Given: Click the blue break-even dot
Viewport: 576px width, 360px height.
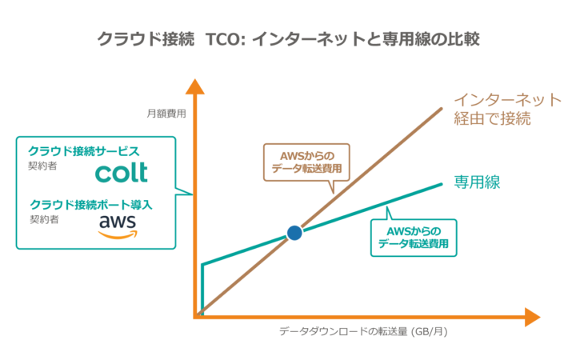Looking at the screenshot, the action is (x=294, y=233).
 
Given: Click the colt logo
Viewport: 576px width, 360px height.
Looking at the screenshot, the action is (x=122, y=172).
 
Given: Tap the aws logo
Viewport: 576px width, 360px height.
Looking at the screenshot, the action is (x=118, y=226).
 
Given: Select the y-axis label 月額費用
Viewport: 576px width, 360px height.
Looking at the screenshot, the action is (x=166, y=114).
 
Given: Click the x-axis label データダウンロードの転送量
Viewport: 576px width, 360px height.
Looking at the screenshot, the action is (x=343, y=331).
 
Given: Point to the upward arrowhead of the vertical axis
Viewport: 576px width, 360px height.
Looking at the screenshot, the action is (x=194, y=86).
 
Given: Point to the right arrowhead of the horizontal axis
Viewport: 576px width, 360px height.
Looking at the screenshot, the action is (x=532, y=317).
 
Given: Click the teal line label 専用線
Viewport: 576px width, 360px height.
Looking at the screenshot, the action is (x=477, y=182).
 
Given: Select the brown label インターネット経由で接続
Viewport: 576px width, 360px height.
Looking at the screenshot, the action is (x=508, y=109).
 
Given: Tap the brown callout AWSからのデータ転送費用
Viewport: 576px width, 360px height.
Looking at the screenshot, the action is (x=306, y=162).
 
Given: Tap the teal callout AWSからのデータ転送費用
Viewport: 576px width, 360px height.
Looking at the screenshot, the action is (x=414, y=238).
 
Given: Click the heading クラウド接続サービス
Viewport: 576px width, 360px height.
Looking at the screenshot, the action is (x=84, y=151).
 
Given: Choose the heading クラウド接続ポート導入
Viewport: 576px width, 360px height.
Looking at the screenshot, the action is (x=90, y=204).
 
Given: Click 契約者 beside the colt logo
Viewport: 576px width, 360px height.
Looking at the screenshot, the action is (x=42, y=166).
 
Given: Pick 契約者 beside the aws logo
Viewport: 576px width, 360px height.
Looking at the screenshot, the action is (x=44, y=220).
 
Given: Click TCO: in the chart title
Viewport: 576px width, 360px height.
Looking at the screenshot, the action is (x=225, y=39).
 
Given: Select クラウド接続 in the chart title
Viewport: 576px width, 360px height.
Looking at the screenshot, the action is (x=145, y=39).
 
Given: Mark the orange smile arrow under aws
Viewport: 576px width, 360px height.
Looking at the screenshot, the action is (x=118, y=235).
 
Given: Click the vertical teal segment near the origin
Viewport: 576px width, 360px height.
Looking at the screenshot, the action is (x=202, y=290).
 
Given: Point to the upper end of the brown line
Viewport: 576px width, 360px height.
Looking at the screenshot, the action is (x=441, y=109).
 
